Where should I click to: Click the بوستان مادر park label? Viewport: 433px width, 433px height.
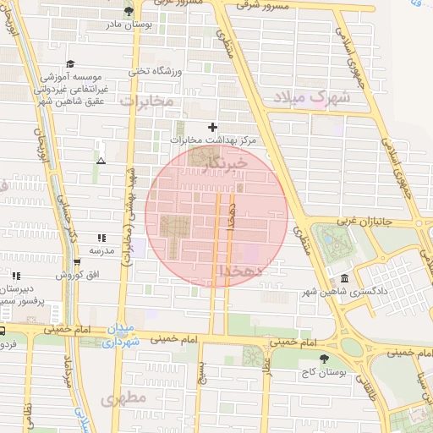tap(129, 25)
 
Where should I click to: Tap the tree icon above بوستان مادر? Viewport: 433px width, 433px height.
tap(129, 11)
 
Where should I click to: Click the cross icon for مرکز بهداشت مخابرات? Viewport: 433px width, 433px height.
tap(213, 127)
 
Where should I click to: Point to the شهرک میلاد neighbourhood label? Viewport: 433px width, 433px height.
tap(310, 96)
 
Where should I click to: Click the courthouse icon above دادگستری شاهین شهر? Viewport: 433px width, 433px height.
tap(343, 279)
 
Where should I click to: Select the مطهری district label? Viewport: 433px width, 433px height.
tap(123, 397)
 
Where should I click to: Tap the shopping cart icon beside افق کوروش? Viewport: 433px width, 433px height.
tap(76, 260)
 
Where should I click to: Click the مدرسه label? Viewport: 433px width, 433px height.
tap(101, 249)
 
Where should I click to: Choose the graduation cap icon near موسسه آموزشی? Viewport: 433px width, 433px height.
tap(70, 63)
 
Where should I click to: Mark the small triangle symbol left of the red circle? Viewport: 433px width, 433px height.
tap(101, 160)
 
